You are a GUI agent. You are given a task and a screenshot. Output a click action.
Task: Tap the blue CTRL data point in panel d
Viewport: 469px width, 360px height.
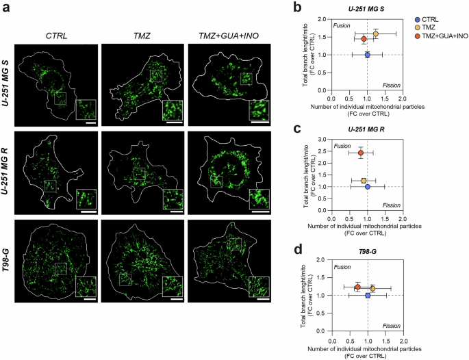click(368, 296)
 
